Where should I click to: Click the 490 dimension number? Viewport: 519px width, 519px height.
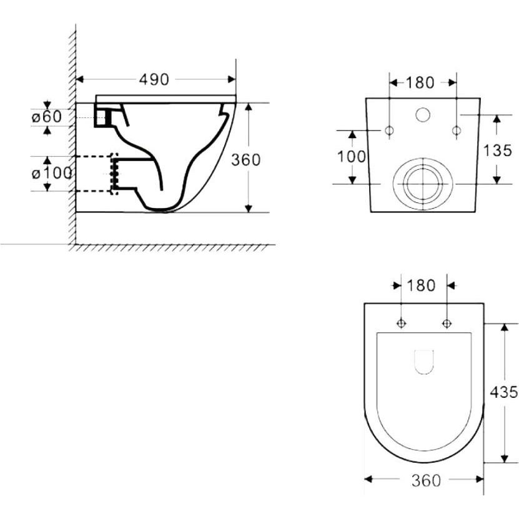(154, 79)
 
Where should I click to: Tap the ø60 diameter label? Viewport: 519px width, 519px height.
(47, 117)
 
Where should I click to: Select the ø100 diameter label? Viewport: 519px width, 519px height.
(52, 174)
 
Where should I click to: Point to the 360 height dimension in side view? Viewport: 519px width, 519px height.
(245, 160)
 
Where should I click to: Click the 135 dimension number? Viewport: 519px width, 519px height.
(498, 151)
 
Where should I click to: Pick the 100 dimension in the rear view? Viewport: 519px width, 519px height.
(352, 157)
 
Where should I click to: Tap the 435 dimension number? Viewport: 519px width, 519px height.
(504, 392)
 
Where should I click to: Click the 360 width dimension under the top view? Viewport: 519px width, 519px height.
(427, 481)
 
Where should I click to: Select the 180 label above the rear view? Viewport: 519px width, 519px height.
(420, 82)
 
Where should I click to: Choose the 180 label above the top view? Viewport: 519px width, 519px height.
(421, 285)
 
